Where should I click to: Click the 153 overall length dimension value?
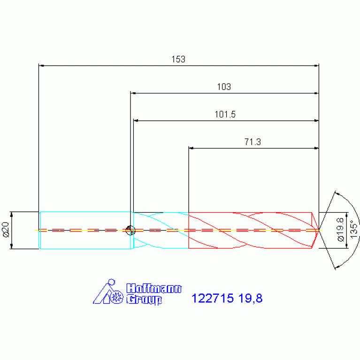178,59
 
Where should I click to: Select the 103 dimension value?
224,87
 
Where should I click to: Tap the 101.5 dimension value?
225,115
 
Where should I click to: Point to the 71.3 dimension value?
253,142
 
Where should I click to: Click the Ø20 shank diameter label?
6,230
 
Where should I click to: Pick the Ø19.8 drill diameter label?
341,230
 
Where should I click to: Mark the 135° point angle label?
354,230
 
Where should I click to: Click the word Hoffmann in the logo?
154,288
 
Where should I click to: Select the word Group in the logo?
144,299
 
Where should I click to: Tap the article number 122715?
212,298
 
